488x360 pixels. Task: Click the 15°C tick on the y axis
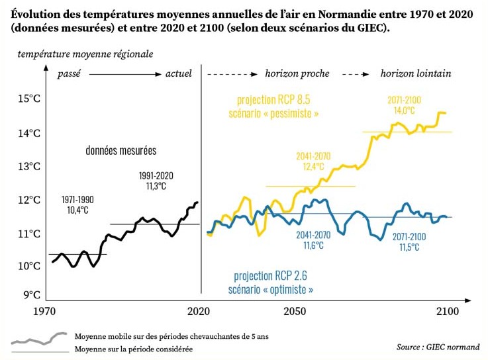point(29,99)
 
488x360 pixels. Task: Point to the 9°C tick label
point(32,295)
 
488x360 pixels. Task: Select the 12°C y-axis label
point(29,200)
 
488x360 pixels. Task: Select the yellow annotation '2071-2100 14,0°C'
point(405,105)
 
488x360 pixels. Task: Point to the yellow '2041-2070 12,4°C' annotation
point(313,161)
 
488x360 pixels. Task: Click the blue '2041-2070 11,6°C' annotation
point(313,240)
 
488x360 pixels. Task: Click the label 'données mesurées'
point(121,151)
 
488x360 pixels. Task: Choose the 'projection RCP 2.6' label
point(270,276)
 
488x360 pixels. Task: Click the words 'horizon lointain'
point(416,73)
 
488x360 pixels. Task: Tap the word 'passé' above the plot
point(70,73)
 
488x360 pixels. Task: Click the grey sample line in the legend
point(39,339)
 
